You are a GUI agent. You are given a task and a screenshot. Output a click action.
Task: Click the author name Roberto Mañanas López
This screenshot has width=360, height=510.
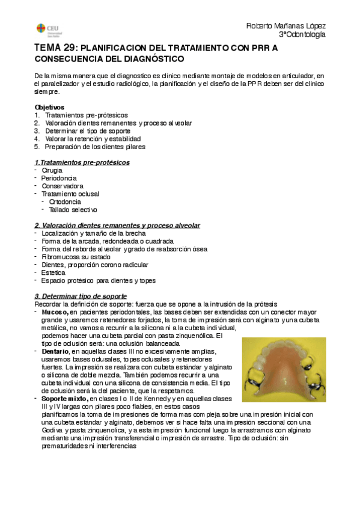pyautogui.click(x=286, y=26)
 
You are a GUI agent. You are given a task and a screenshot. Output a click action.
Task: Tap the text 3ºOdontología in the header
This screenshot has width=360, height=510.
pyautogui.click(x=302, y=35)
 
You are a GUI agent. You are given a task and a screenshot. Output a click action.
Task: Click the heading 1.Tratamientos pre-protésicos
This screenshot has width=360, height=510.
pyautogui.click(x=82, y=162)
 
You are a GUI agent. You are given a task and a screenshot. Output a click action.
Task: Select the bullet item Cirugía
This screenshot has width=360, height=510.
pyautogui.click(x=52, y=170)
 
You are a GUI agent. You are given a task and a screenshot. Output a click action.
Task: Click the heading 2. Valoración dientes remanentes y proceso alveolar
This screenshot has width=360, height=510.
pyautogui.click(x=117, y=225)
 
